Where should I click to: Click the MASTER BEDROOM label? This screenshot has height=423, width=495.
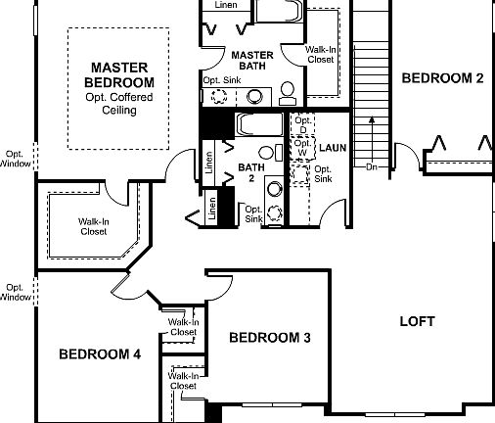coord(118,74)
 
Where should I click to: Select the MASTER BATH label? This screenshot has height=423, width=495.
coord(251,60)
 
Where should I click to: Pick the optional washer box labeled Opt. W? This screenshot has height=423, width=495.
coord(302,148)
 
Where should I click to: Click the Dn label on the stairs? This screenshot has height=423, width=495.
coord(371,167)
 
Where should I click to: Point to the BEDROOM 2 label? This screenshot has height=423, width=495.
coord(442,78)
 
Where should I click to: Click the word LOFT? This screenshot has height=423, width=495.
coord(418,321)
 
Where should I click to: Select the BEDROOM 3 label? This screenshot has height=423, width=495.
coord(270,338)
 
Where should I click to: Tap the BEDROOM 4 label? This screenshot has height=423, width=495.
coord(100,353)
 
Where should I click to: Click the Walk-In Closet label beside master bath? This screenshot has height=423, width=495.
coord(322,54)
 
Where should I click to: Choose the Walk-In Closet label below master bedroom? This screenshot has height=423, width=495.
coord(93,227)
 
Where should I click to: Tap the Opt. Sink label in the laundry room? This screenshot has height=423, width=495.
coord(323,174)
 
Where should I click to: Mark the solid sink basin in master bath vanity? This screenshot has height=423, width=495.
coord(253,96)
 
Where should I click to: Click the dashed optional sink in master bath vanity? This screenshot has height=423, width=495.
coord(218,96)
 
